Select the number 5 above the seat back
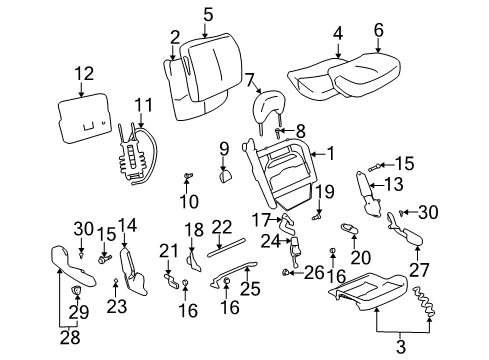pos(208,14)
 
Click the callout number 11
pos(144,104)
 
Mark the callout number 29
pos(78,313)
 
